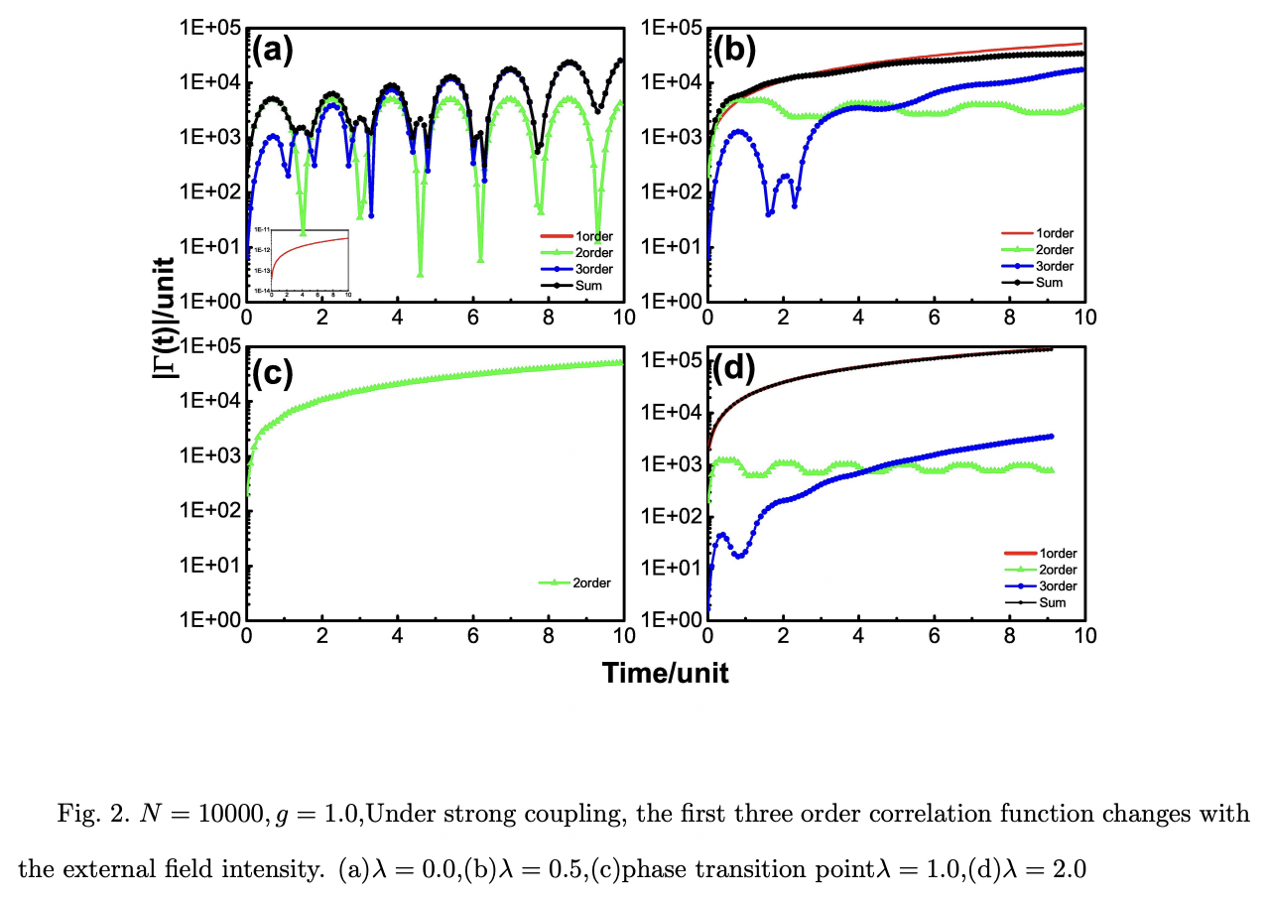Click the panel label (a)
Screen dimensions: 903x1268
272,50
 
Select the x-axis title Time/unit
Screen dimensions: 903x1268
665,673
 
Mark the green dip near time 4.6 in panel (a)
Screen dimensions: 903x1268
421,274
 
